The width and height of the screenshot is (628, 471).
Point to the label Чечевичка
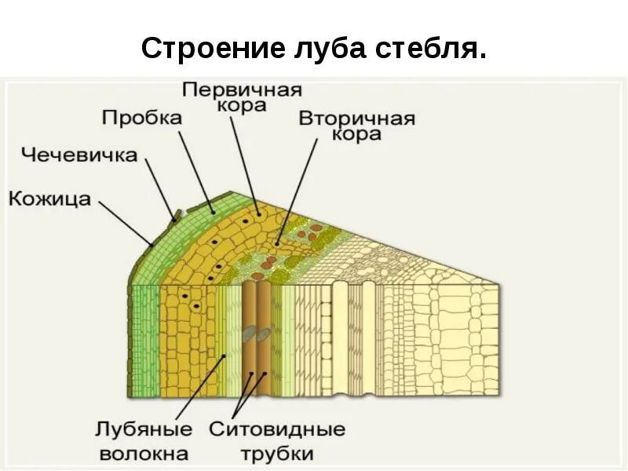click(78, 154)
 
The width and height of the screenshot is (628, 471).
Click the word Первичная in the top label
click(242, 88)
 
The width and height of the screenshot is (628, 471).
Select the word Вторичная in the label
click(356, 119)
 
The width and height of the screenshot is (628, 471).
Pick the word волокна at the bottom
click(144, 453)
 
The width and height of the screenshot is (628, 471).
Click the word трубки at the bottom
click(277, 453)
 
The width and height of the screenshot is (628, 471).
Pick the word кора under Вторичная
click(356, 134)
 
